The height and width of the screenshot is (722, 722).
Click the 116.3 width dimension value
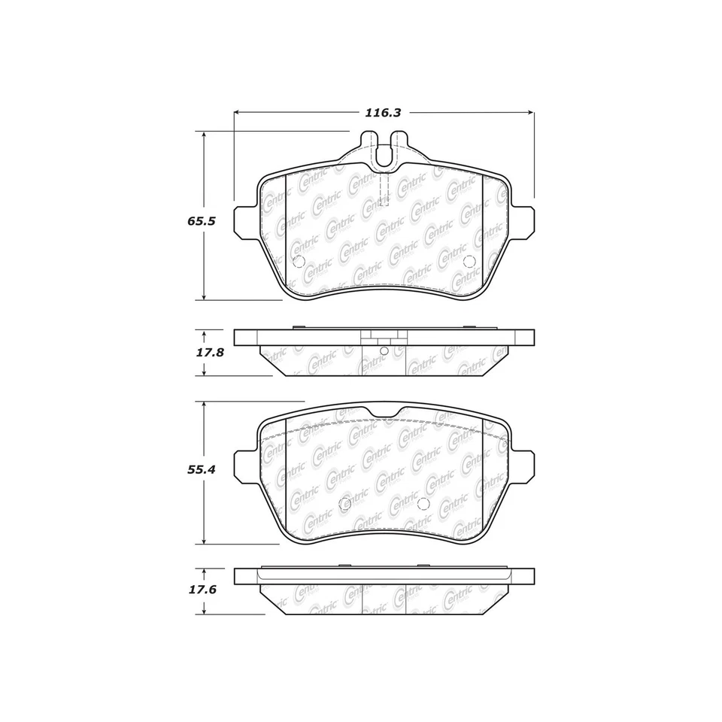[x=383, y=113]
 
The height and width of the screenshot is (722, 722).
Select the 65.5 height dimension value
[x=202, y=221]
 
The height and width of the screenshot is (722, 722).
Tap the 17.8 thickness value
[x=210, y=352]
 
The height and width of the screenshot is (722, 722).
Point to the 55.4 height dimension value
[x=202, y=469]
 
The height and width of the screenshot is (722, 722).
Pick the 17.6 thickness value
[x=202, y=590]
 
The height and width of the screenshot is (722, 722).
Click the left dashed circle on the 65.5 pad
[x=299, y=262]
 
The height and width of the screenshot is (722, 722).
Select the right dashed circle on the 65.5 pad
[x=469, y=261]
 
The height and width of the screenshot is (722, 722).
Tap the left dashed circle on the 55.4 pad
[x=345, y=504]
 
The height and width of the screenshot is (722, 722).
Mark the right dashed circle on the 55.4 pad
[x=423, y=504]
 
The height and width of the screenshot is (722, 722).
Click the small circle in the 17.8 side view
[x=384, y=350]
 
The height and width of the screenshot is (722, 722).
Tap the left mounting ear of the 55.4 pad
[x=245, y=467]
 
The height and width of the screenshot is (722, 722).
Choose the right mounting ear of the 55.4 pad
[x=523, y=467]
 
